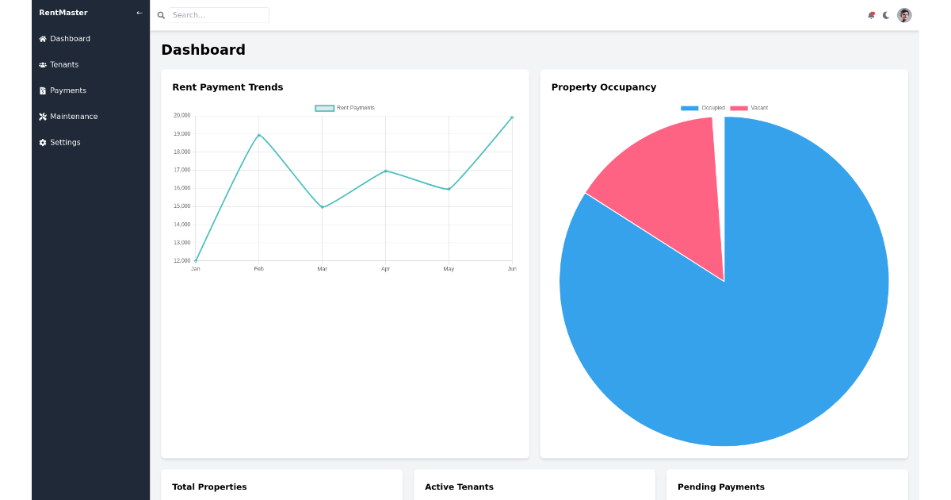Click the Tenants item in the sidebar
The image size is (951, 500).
pyautogui.click(x=63, y=64)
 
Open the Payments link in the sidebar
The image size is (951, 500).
pyautogui.click(x=67, y=90)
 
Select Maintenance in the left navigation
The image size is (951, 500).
pyautogui.click(x=73, y=117)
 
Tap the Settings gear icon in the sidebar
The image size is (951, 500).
pyautogui.click(x=43, y=143)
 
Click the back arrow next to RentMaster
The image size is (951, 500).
pyautogui.click(x=139, y=13)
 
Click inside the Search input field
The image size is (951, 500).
pyautogui.click(x=219, y=15)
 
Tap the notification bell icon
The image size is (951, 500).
pyautogui.click(x=871, y=15)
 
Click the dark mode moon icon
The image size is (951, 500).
pyautogui.click(x=886, y=15)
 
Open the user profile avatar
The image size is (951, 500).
pyautogui.click(x=904, y=15)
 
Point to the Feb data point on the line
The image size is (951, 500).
pyautogui.click(x=259, y=135)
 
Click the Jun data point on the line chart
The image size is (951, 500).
pyautogui.click(x=512, y=117)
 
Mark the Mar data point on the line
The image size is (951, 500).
pyautogui.click(x=322, y=207)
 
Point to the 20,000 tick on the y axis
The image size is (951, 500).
pyautogui.click(x=181, y=116)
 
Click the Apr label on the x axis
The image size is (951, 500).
pyautogui.click(x=385, y=269)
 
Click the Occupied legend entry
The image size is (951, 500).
pyautogui.click(x=703, y=108)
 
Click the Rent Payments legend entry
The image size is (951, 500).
pyautogui.click(x=346, y=108)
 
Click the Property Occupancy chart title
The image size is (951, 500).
pyautogui.click(x=604, y=87)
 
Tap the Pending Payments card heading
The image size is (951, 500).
pyautogui.click(x=721, y=487)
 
